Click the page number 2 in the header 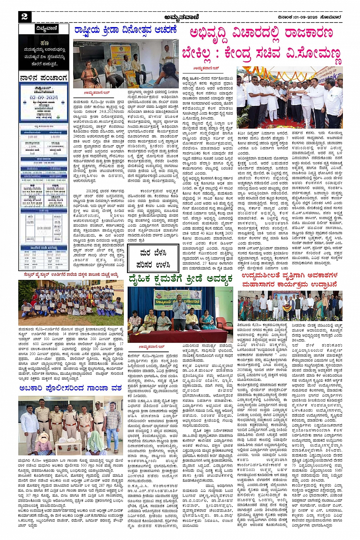click(x=24, y=16)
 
